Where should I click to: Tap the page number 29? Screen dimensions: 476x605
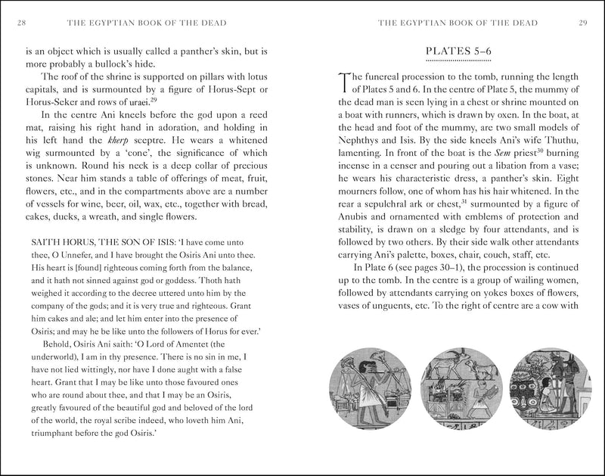pos(583,23)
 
